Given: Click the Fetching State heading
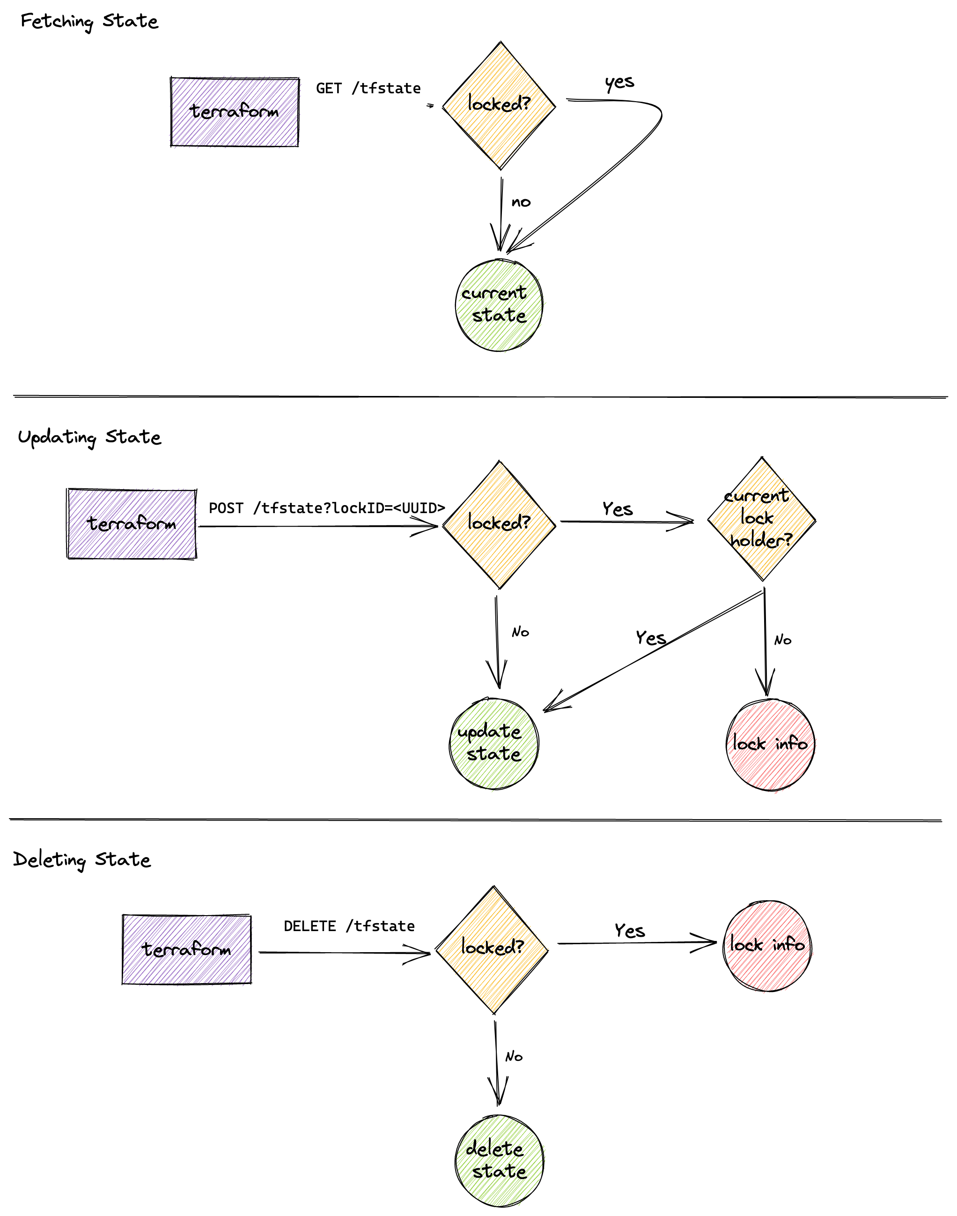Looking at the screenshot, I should tap(89, 21).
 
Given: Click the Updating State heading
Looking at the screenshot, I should tap(89, 437).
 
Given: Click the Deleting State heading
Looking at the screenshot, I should tap(82, 859).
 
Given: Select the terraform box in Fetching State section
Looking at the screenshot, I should tap(234, 112).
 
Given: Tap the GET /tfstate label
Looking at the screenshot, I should tap(368, 89).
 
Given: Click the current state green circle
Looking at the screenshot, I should tap(499, 305).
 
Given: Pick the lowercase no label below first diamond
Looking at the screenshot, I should tap(521, 202).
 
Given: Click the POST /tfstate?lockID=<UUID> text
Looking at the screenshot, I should tap(327, 508).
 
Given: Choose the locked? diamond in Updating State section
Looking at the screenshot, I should tap(499, 523).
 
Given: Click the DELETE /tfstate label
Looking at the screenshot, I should tap(349, 926).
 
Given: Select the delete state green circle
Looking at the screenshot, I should tap(499, 1161).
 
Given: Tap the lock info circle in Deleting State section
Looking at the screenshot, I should tap(766, 945).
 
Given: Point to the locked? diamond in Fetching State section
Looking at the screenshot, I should tap(499, 105).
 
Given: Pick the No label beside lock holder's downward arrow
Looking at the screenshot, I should tap(782, 640).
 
